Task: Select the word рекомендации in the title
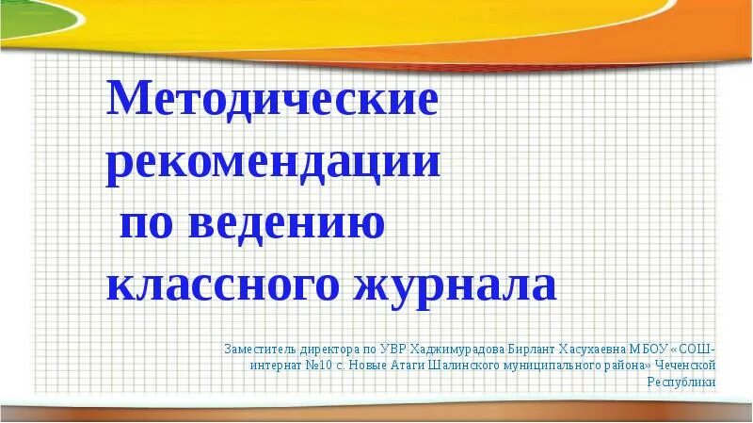pyautogui.click(x=273, y=163)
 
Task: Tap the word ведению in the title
pyautogui.click(x=286, y=224)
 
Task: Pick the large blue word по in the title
pyautogui.click(x=151, y=224)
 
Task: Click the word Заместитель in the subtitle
pyautogui.click(x=257, y=348)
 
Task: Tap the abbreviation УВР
pyautogui.click(x=385, y=348)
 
